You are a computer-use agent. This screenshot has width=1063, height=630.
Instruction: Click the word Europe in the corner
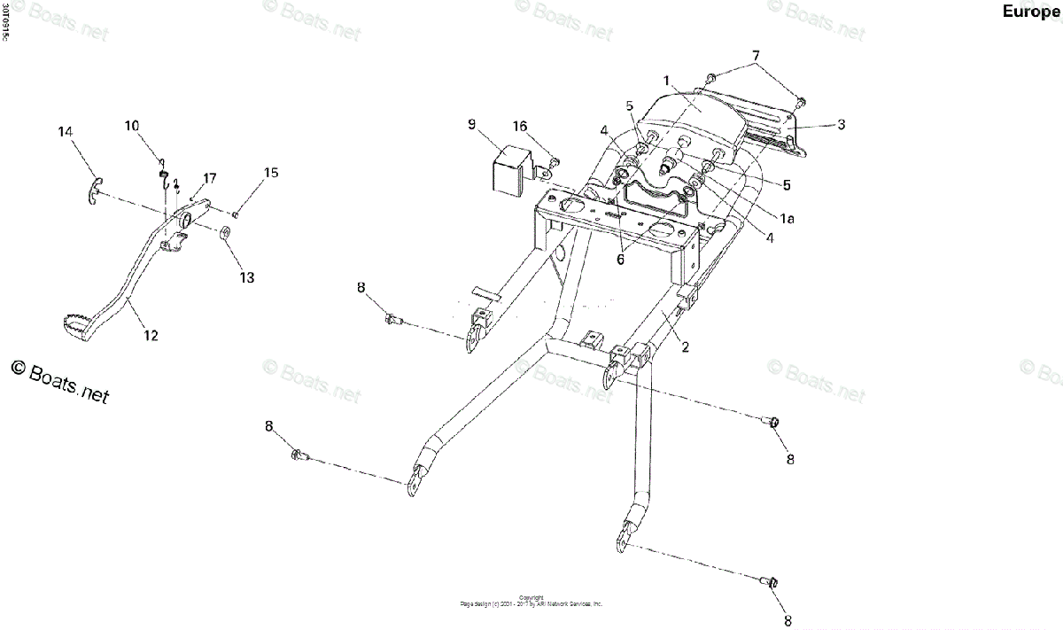point(1031,12)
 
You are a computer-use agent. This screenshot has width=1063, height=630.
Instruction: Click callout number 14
point(66,132)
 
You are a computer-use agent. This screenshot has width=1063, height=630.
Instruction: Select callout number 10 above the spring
point(132,126)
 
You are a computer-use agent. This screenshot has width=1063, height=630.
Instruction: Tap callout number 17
point(209,178)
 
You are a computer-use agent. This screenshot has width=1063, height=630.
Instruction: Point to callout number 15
point(270,173)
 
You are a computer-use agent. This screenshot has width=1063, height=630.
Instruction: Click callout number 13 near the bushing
point(246,277)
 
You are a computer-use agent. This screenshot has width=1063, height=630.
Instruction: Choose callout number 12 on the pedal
point(151,335)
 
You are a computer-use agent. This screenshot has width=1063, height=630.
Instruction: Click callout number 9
point(472,123)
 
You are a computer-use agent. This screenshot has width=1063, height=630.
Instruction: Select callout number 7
point(757,56)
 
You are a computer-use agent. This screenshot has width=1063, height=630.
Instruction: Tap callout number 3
point(841,124)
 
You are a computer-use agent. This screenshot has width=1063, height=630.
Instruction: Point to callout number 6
point(620,260)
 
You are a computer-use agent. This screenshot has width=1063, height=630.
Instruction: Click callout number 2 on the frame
point(685,346)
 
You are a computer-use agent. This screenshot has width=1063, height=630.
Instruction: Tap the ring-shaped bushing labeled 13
point(225,234)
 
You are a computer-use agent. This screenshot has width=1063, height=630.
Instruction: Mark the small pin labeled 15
point(235,213)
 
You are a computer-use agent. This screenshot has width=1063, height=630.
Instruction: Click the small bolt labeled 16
point(553,161)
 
